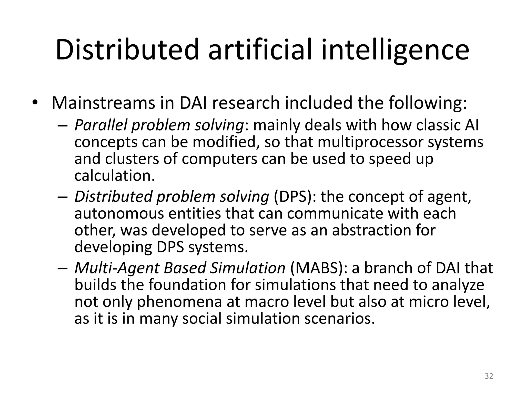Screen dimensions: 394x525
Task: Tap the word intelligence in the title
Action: pos(395,50)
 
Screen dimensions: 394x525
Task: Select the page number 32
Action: pos(489,376)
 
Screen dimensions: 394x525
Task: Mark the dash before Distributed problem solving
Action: pos(62,197)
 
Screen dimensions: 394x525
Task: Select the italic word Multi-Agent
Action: pos(116,268)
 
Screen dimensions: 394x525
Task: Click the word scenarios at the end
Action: pos(339,319)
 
